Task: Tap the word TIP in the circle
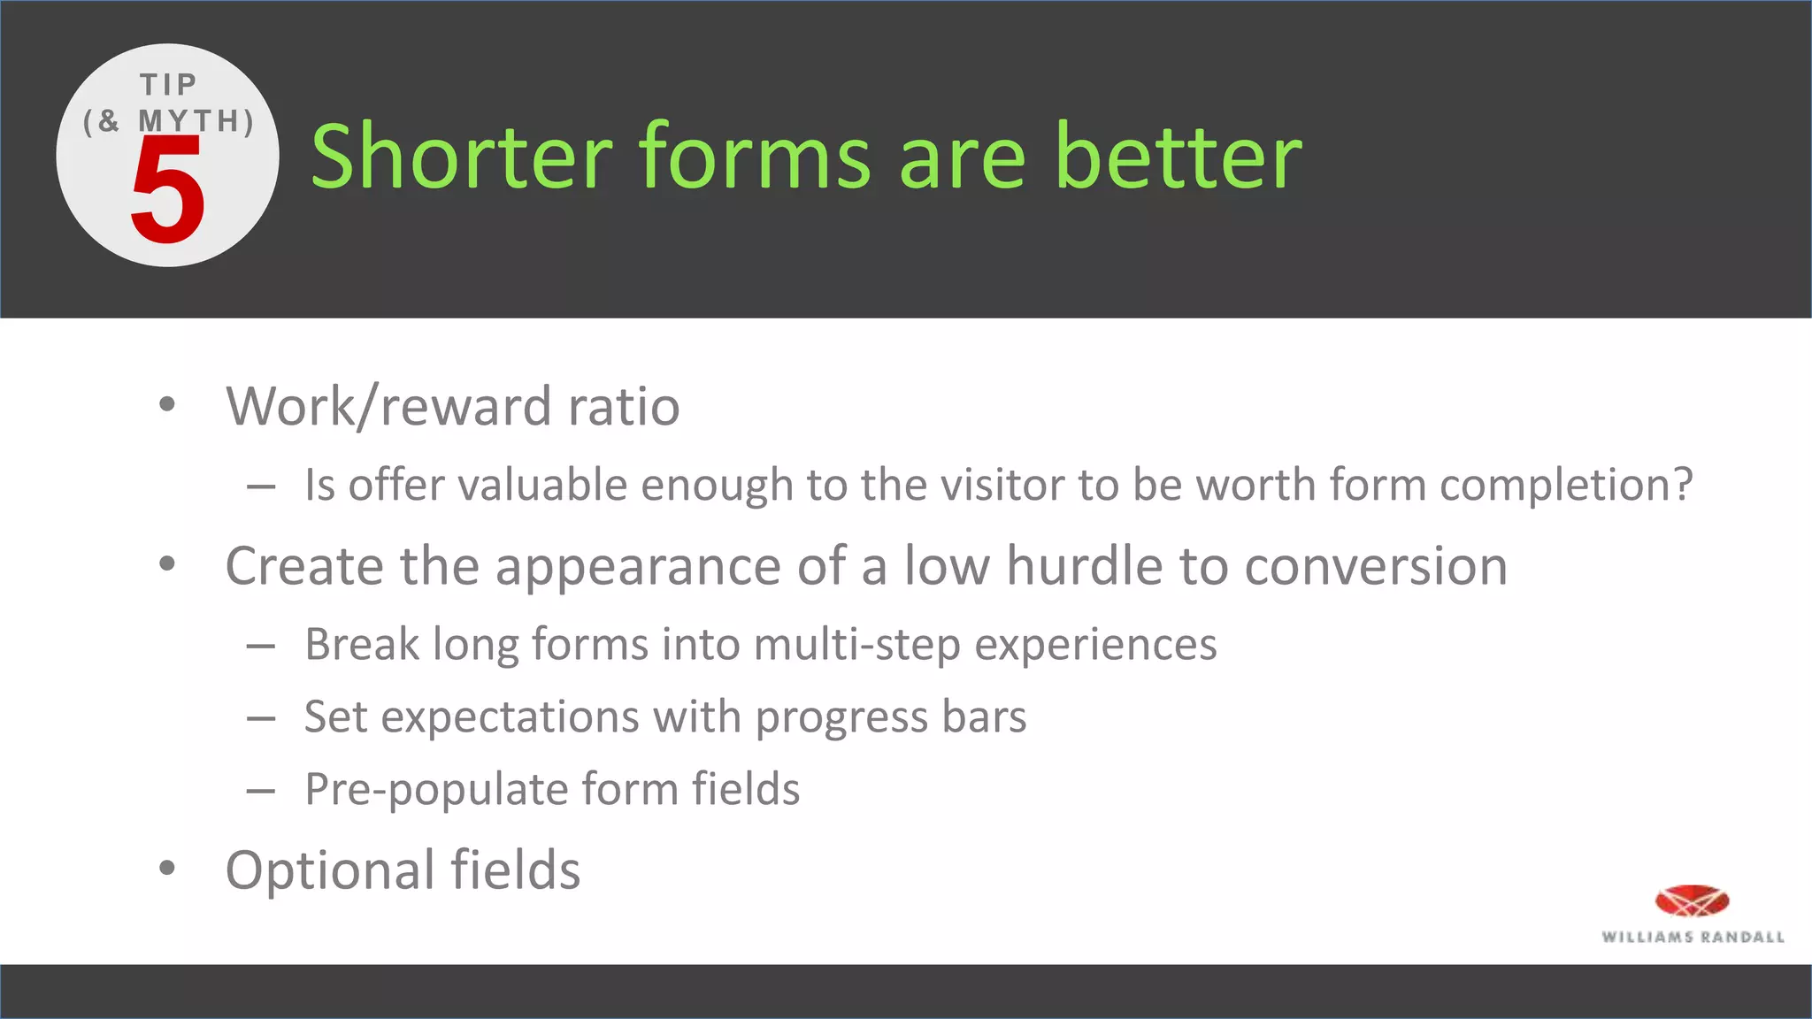168,85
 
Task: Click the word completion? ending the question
1566,487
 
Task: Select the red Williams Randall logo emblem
1692,901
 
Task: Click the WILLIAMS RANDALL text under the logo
1693,937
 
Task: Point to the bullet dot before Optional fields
167,868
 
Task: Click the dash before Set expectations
260,718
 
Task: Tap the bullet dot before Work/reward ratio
167,404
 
